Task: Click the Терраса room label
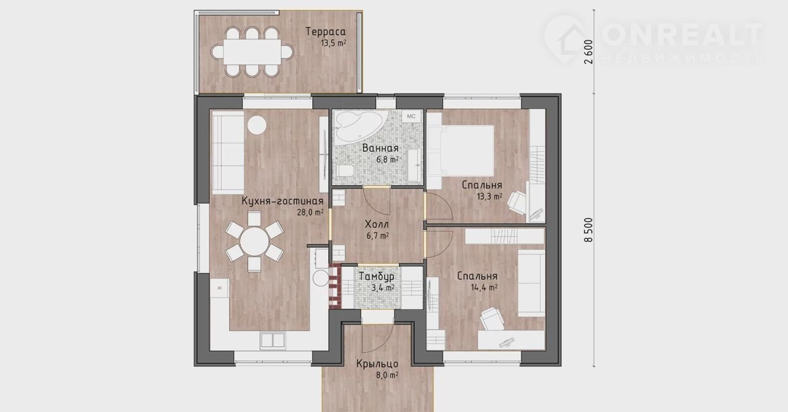click(326, 31)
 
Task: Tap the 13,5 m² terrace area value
click(333, 43)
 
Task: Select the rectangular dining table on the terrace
click(252, 52)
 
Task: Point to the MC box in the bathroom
click(411, 116)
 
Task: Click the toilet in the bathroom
click(344, 171)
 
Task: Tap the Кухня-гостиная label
click(282, 201)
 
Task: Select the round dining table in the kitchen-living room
click(254, 242)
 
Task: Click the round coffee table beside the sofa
click(257, 125)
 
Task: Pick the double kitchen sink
click(273, 340)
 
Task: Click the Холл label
click(377, 224)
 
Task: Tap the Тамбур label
click(377, 276)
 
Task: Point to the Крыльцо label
click(377, 363)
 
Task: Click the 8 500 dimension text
click(588, 230)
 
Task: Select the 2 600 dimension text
click(588, 52)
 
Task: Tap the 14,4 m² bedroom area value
click(484, 288)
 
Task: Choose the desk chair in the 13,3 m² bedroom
click(517, 202)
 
